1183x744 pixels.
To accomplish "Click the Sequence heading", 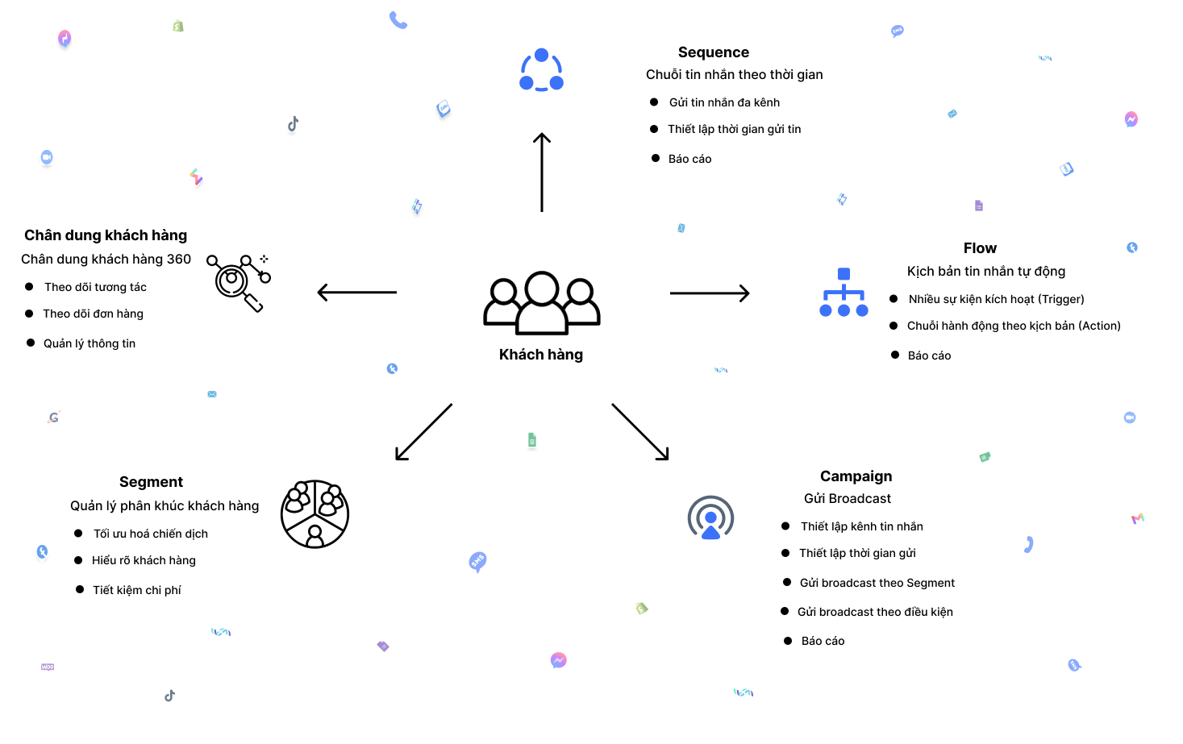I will coord(714,52).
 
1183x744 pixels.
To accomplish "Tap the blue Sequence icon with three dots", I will coord(541,71).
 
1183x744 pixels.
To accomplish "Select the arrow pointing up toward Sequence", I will coord(542,172).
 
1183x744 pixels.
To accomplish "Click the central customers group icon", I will coord(541,303).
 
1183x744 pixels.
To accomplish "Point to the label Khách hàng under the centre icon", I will coord(541,355).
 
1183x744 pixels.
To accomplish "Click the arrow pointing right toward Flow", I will coord(710,293).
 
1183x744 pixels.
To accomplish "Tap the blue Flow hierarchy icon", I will coord(844,293).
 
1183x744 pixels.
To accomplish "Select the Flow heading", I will coord(980,248).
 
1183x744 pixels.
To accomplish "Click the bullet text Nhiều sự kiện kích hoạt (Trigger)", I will coord(996,299).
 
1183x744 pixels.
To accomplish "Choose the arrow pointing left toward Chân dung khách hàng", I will coord(357,292).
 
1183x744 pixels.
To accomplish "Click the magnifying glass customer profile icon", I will coord(238,282).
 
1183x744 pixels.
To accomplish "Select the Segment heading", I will coord(151,482).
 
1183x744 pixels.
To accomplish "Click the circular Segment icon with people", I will coord(314,514).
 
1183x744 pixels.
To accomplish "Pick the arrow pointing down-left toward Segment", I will coord(423,432).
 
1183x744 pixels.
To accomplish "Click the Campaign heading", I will coord(856,476).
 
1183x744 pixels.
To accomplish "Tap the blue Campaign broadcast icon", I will coord(710,517).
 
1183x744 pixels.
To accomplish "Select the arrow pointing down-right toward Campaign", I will coord(640,432).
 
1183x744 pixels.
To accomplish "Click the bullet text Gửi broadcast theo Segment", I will coord(877,583).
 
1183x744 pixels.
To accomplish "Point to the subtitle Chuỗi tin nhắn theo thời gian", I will coord(734,75).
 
